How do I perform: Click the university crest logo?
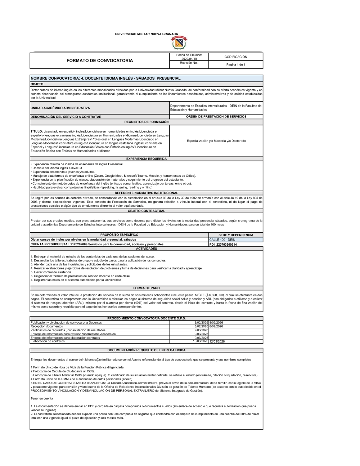click(179, 42)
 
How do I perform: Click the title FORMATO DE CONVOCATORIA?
click(100, 61)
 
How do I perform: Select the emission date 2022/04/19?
click(189, 59)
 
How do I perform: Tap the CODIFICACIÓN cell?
click(236, 57)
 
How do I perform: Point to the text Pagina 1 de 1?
click(236, 64)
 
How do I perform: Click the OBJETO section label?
click(37, 84)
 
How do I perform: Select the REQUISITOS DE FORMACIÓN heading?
click(146, 122)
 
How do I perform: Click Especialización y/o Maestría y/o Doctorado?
click(216, 141)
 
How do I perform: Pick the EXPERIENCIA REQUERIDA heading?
click(146, 158)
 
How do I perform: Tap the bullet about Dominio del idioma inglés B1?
click(57, 168)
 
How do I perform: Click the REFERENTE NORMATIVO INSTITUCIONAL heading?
click(146, 193)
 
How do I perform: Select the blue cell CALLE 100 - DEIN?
click(222, 239)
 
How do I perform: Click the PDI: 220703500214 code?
click(223, 244)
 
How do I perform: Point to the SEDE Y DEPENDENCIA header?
click(236, 235)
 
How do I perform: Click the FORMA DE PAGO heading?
click(146, 288)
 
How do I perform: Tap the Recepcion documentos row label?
click(47, 326)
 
